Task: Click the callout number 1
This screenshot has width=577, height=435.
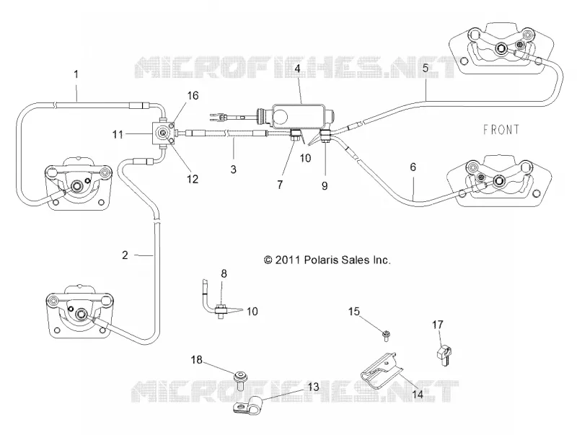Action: pos(76,74)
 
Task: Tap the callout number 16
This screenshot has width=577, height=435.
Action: pos(193,96)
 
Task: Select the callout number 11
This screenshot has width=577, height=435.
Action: pos(118,134)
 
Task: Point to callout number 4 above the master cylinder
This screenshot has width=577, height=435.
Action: pos(297,69)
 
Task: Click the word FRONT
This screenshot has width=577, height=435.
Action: pos(501,130)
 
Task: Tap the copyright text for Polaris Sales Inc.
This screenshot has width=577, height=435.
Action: pos(327,260)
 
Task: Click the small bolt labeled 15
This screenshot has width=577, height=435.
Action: pos(386,335)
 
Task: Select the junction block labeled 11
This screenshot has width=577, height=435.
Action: pos(162,133)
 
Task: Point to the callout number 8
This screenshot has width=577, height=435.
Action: pos(224,274)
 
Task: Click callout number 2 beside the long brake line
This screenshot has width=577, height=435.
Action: pos(125,255)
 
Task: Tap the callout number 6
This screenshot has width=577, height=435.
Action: pos(413,167)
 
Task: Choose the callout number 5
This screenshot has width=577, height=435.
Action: pos(426,69)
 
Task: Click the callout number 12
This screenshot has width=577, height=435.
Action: pos(193,179)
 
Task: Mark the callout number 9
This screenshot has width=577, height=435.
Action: pos(325,185)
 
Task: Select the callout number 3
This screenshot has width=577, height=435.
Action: pos(233,170)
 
